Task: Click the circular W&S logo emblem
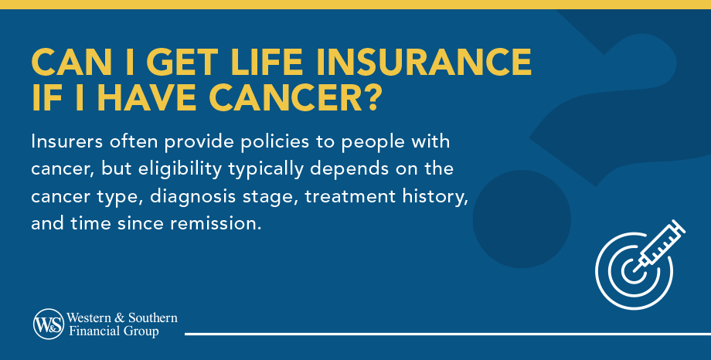48,324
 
